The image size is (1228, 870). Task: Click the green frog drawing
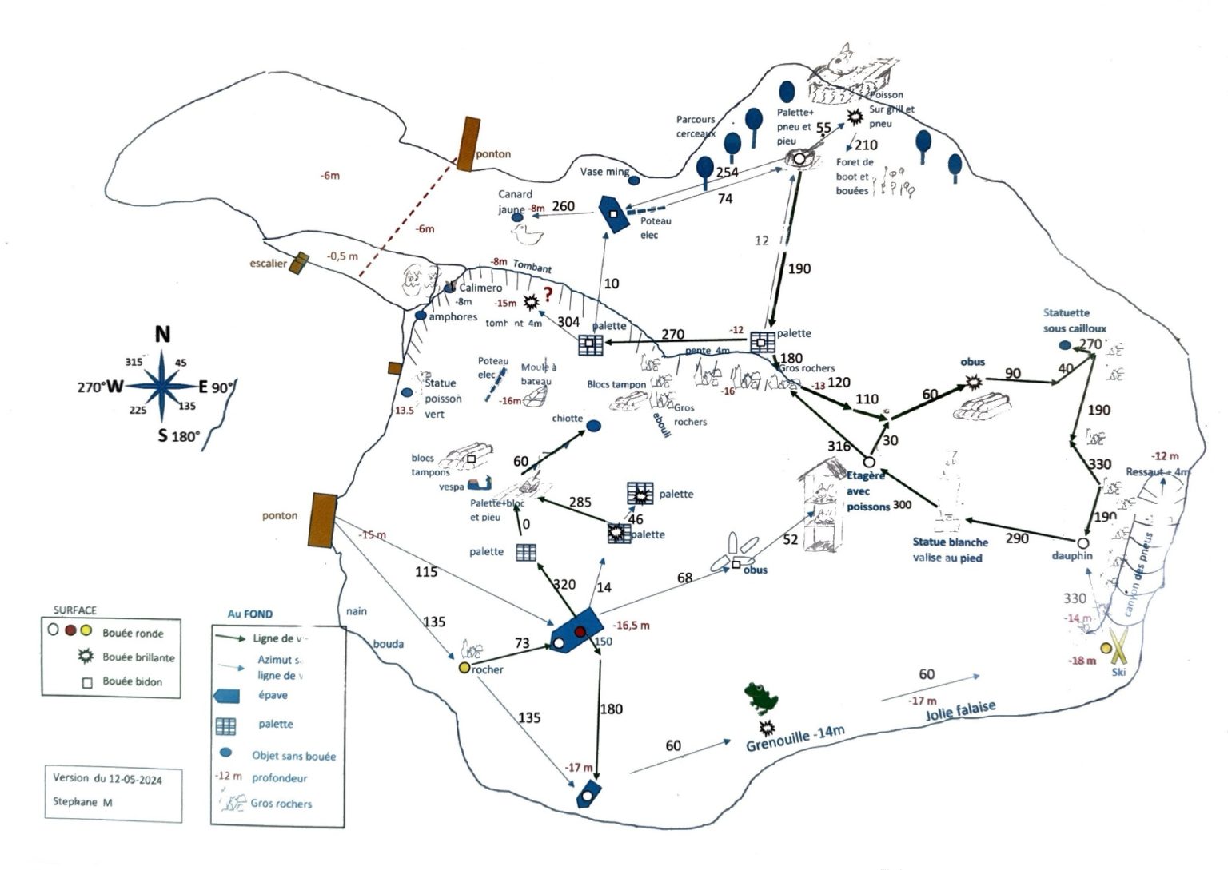[760, 697]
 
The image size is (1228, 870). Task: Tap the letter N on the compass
[162, 334]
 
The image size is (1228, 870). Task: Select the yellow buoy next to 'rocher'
[464, 668]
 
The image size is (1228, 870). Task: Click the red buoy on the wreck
[580, 632]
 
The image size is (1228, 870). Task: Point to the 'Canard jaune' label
[515, 201]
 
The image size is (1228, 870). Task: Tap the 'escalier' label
[267, 264]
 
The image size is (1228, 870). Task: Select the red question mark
[548, 293]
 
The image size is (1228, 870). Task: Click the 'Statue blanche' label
[950, 542]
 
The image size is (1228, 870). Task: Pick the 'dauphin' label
[1071, 556]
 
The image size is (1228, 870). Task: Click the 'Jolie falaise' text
[961, 710]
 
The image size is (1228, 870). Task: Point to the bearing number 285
[580, 502]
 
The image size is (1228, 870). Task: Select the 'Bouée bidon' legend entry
[132, 681]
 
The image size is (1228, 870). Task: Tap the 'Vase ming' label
[604, 172]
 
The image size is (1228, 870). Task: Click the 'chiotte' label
[567, 419]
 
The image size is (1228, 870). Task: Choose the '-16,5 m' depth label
[631, 626]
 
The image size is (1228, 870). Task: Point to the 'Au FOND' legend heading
[249, 614]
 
